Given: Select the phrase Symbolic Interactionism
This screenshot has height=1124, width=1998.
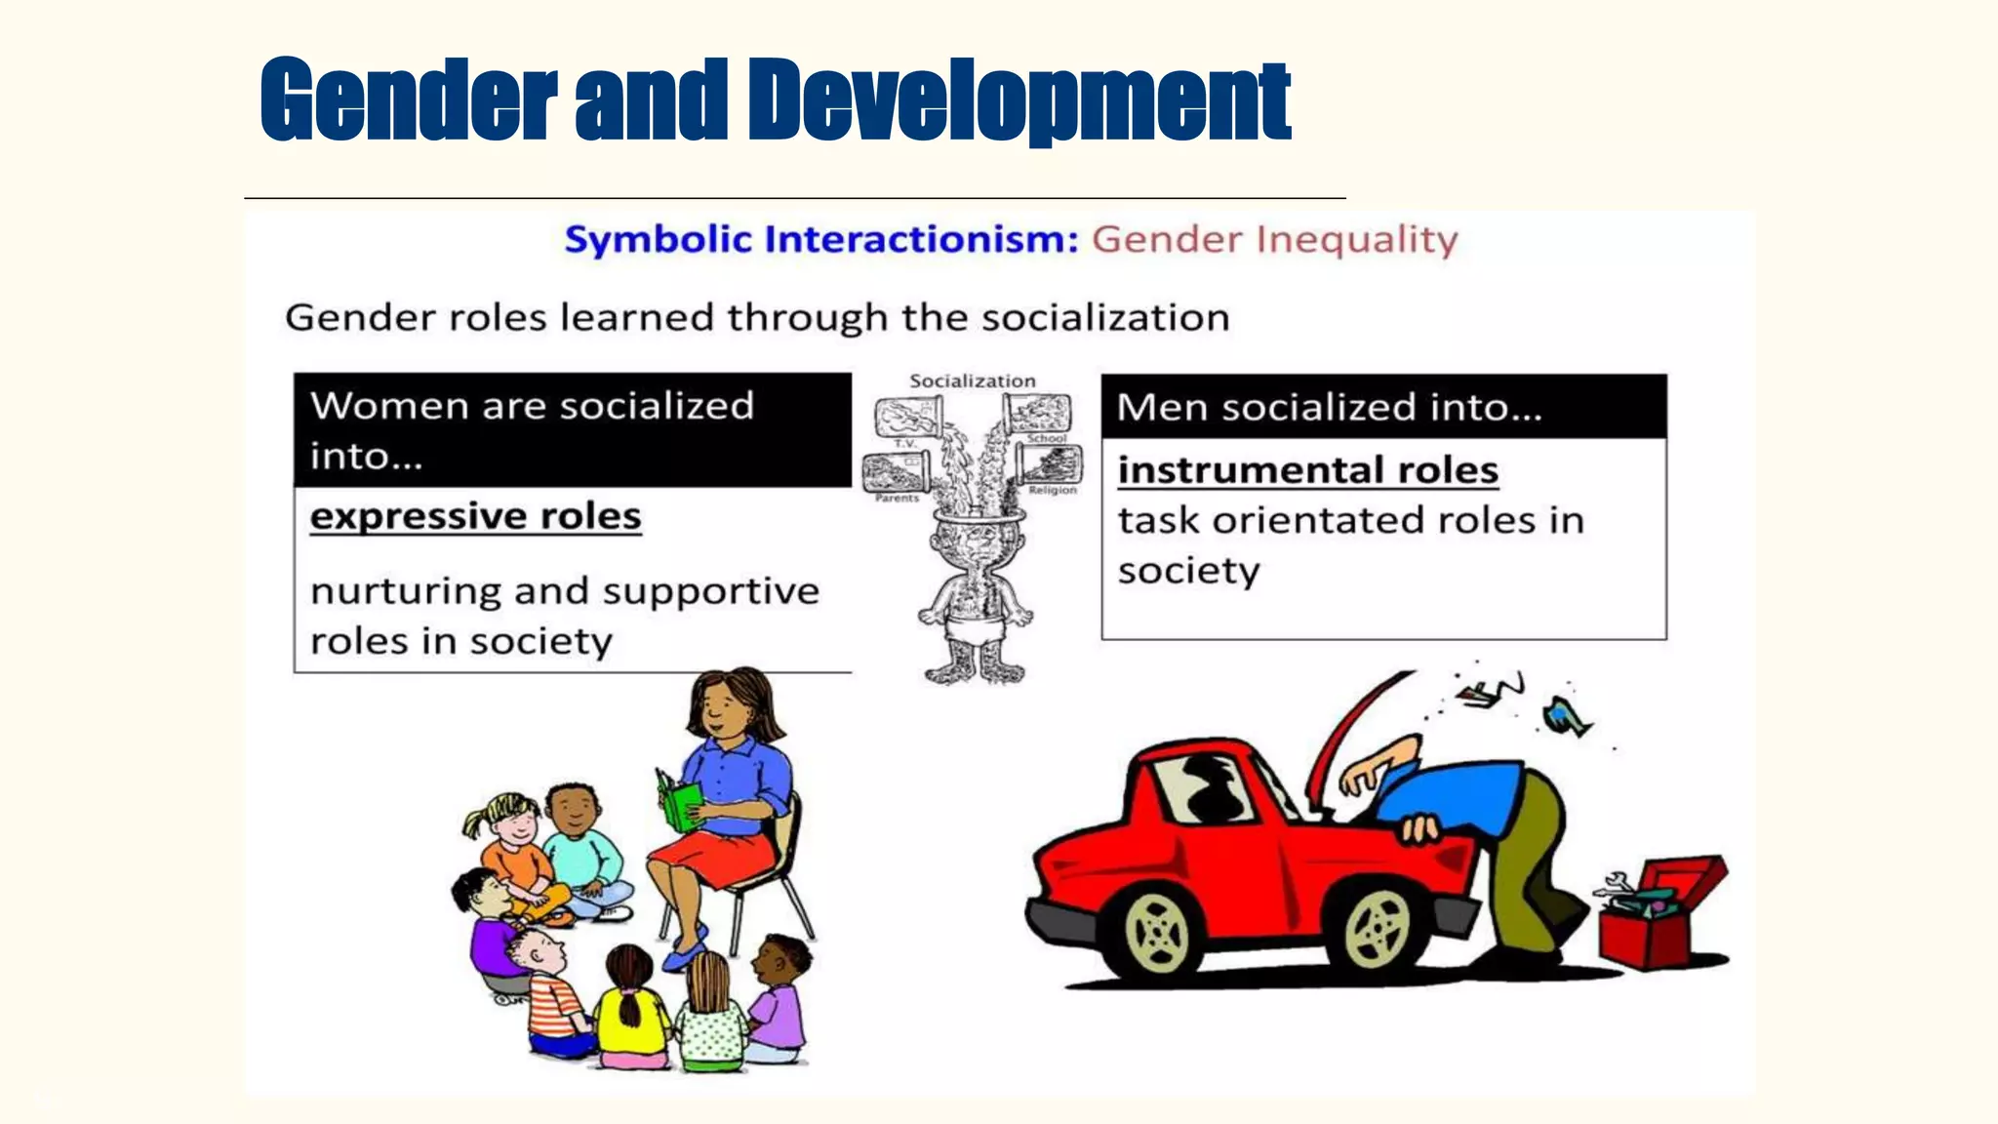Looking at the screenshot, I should coord(820,239).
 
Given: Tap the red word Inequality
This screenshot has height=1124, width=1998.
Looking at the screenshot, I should coord(1356,240).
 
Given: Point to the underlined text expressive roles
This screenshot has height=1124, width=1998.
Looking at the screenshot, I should coord(475,516).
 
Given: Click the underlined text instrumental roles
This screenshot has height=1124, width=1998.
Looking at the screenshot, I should coord(1307,470).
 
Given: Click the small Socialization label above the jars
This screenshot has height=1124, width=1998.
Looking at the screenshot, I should coord(972,381).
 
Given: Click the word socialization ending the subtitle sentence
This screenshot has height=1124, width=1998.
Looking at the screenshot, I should coord(1104,318).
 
